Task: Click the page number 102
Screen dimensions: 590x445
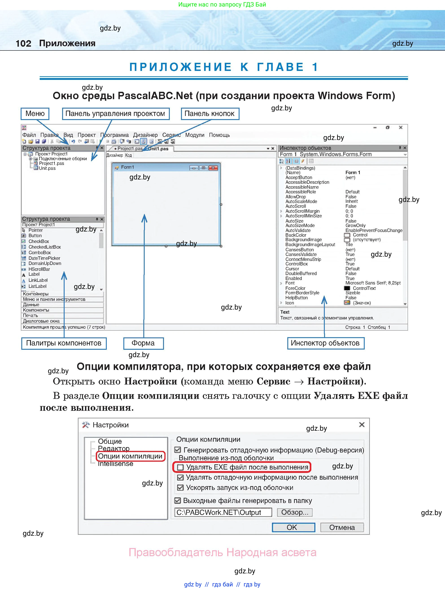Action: (24, 43)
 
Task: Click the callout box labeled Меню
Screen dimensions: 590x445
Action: (35, 114)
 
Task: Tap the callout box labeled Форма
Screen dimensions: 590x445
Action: (143, 343)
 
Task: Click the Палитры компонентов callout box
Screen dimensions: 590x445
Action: (64, 343)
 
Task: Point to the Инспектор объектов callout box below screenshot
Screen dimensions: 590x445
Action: (325, 343)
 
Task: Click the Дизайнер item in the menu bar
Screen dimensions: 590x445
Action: (145, 135)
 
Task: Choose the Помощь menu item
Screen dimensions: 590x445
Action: (219, 135)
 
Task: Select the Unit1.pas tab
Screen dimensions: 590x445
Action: (158, 149)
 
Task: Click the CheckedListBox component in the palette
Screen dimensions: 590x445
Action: (45, 247)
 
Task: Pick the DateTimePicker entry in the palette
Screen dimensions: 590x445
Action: (44, 258)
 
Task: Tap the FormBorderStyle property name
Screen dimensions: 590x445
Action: (302, 293)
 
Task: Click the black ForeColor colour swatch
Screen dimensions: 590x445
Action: (347, 288)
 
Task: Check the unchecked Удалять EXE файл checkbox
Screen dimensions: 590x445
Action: (181, 467)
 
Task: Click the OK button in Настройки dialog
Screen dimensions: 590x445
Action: (293, 527)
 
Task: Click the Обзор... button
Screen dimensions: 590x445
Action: (295, 512)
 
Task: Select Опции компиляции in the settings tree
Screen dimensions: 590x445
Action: (130, 456)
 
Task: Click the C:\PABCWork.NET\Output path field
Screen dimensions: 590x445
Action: (223, 512)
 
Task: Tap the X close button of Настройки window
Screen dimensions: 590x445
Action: (362, 425)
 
